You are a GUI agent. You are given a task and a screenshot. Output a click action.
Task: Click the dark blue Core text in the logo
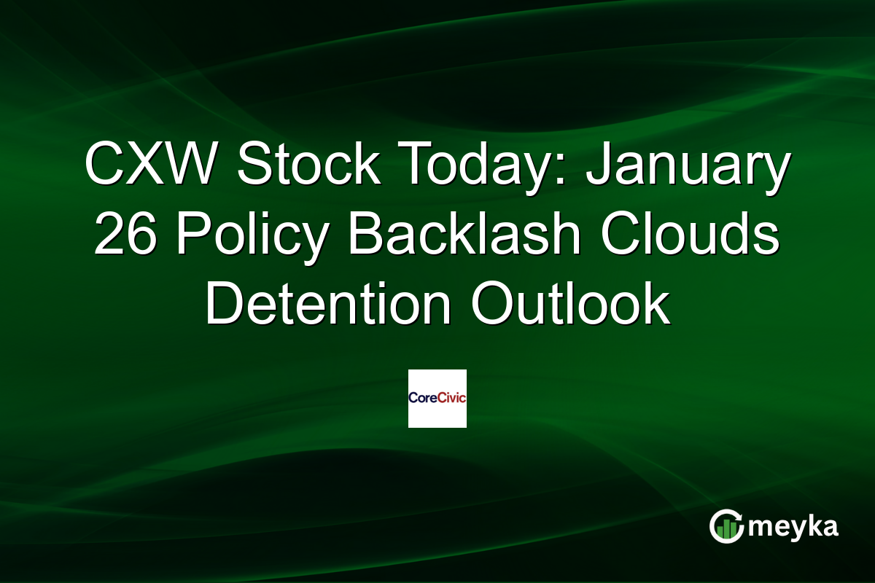pos(422,399)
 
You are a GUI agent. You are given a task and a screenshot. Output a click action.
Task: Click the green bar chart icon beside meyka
pos(725,531)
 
